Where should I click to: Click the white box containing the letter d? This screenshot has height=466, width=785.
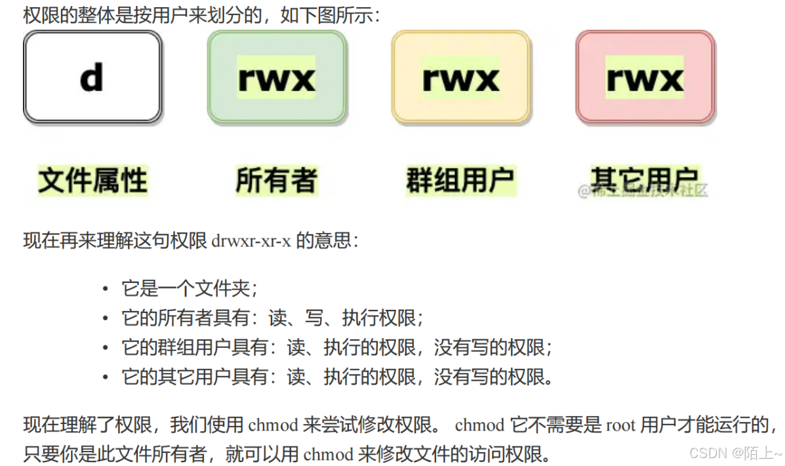point(92,76)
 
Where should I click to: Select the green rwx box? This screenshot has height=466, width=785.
point(276,77)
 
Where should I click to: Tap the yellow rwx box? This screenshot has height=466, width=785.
point(460,77)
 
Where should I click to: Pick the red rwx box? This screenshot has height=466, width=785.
point(645,77)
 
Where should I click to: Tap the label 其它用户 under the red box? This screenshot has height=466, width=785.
point(644,178)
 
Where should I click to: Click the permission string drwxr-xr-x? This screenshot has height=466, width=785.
point(251,241)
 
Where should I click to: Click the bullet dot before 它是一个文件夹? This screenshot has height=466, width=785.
point(105,288)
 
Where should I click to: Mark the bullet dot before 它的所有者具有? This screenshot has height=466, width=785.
point(105,318)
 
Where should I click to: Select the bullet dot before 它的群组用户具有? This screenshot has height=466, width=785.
point(105,347)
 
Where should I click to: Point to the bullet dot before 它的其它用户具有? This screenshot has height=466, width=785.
point(105,377)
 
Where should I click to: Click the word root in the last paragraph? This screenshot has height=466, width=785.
point(620,425)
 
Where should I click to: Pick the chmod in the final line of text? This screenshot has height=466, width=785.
point(329,454)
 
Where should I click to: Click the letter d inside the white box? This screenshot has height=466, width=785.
point(92,77)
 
